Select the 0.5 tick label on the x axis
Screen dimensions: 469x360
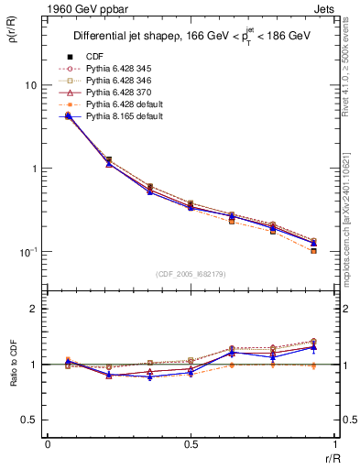190,444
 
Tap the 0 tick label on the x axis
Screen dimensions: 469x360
48,444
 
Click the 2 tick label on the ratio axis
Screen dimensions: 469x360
35,310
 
